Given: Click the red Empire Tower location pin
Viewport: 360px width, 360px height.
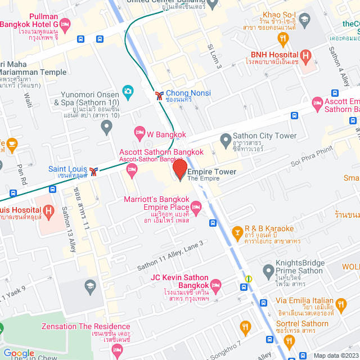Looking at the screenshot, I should click(x=179, y=169).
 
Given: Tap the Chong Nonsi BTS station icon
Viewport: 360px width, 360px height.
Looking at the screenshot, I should click(x=160, y=95).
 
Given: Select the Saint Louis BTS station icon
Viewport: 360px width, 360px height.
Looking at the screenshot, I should click(x=94, y=170).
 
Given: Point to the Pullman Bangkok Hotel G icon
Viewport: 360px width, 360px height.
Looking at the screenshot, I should click(x=65, y=24).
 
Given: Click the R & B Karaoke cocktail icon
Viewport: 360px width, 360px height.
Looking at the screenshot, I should click(x=238, y=232).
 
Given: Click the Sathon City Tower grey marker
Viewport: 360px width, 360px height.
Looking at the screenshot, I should click(x=226, y=138).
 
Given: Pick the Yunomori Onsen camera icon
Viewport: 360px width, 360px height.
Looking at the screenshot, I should click(x=128, y=91).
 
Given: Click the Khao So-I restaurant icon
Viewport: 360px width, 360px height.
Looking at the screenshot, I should click(x=283, y=38).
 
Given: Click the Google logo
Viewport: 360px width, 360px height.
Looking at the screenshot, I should click(x=19, y=353).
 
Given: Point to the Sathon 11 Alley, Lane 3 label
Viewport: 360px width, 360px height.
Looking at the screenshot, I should click(x=169, y=254).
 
